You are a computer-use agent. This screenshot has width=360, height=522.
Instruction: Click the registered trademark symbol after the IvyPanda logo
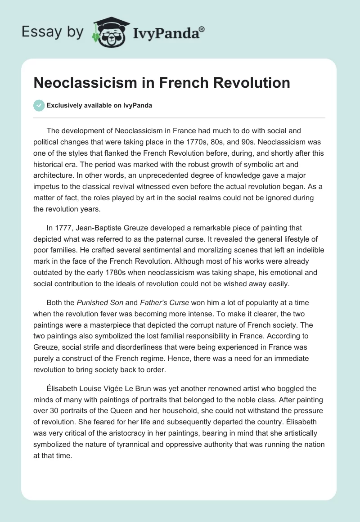click(202, 29)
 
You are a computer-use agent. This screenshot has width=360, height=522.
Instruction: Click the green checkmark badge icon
click(39, 105)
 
